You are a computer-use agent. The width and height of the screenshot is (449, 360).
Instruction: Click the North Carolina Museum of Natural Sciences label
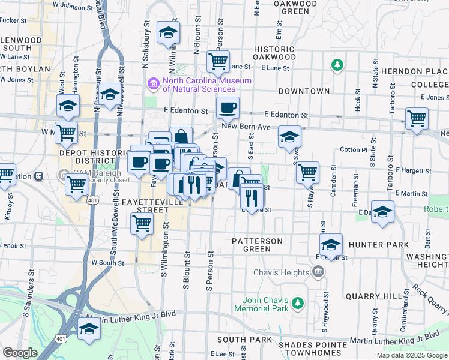coord(206,85)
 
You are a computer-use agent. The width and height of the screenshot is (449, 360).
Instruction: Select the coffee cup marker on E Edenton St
coord(228,109)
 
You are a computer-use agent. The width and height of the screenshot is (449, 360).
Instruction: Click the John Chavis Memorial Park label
coord(269,304)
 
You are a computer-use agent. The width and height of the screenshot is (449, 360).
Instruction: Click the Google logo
coord(20,353)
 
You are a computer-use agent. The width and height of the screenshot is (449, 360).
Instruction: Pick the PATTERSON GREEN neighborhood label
coord(258,245)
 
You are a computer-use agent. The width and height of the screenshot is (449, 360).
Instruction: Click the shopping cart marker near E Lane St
coord(218,61)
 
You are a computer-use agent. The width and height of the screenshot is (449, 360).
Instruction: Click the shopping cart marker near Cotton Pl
coord(307,172)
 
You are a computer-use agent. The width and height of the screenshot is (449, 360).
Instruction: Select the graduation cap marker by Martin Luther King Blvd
coord(89,329)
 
